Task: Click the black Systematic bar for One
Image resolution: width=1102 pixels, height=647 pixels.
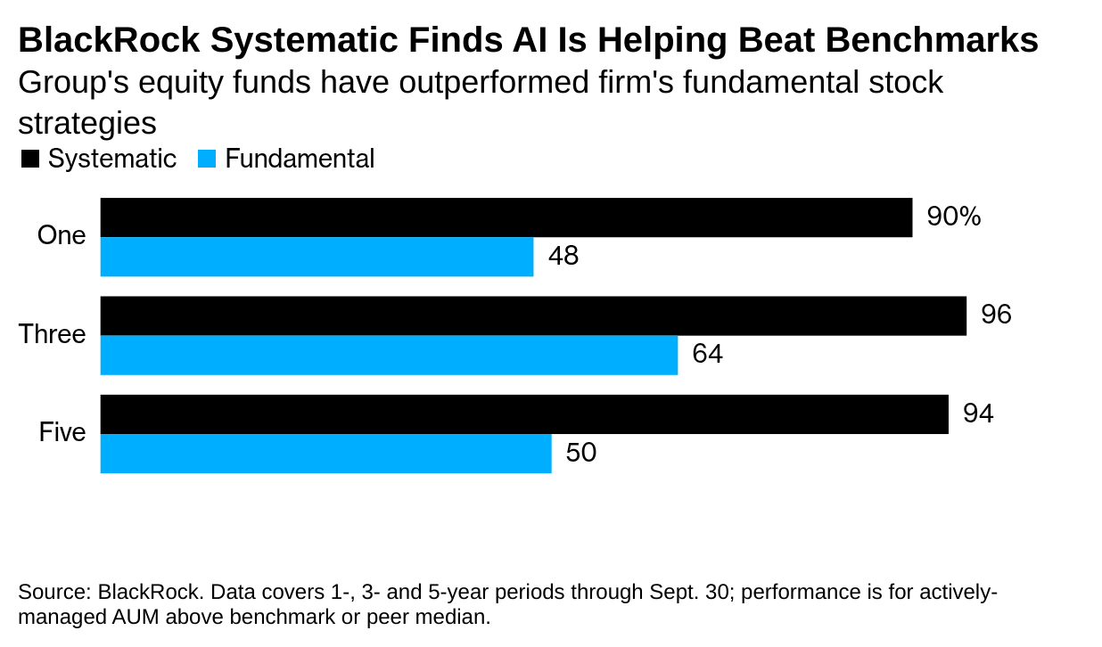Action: [506, 217]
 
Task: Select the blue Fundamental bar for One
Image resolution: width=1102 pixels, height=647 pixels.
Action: [317, 257]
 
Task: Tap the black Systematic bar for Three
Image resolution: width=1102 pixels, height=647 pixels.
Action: [533, 316]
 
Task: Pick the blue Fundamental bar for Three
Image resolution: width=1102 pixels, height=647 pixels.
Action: [389, 356]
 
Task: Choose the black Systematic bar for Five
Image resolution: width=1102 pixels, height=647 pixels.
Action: [524, 414]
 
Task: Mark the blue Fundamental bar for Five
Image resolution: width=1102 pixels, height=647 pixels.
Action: [325, 454]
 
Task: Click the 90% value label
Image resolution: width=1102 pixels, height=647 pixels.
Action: [953, 217]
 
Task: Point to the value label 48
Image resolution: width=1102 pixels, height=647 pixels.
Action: [563, 257]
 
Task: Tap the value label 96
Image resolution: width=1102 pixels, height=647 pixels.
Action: [996, 315]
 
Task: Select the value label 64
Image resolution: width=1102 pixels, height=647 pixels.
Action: [707, 355]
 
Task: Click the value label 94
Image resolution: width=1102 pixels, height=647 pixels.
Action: [978, 414]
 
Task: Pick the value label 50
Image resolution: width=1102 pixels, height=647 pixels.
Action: [580, 453]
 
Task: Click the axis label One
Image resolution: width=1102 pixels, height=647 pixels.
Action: [62, 236]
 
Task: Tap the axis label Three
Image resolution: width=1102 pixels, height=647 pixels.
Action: [53, 335]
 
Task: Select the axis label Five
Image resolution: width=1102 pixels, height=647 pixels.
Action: [62, 433]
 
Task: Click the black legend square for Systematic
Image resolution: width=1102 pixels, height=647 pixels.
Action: [30, 160]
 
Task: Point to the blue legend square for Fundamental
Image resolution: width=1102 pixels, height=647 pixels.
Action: [207, 160]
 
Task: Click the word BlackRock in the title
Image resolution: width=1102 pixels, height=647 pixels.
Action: [109, 41]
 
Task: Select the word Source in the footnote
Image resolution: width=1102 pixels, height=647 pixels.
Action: [50, 593]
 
